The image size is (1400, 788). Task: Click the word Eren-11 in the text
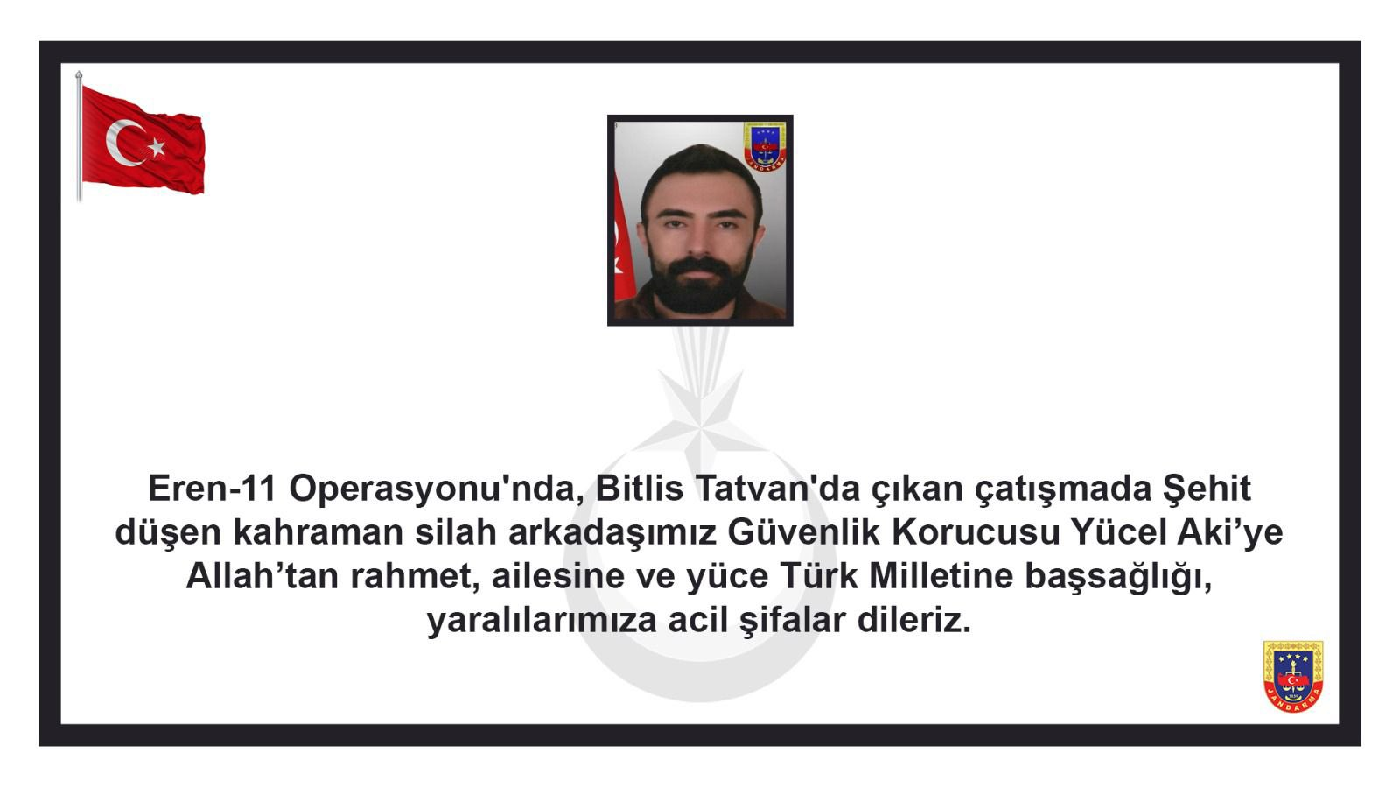point(212,489)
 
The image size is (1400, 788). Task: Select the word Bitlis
point(640,489)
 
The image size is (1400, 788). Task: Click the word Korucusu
point(975,533)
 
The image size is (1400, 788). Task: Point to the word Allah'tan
point(262,576)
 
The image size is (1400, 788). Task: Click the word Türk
point(818,574)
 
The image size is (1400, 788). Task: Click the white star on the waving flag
point(157,147)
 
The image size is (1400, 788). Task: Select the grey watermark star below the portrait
point(700,416)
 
